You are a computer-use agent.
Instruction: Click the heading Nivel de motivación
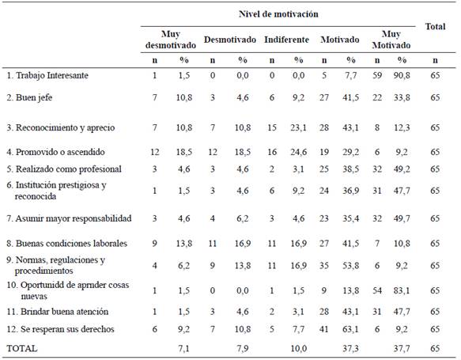tap(278, 14)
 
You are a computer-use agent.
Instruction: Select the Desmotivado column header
tap(230, 40)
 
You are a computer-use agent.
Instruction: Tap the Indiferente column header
tap(287, 40)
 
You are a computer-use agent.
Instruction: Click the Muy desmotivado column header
tap(171, 40)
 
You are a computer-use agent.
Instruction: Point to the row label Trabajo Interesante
tap(47, 75)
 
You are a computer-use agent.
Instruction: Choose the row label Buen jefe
tap(29, 97)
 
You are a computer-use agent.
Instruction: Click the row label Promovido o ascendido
tap(55, 152)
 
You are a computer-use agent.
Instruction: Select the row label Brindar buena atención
tap(58, 312)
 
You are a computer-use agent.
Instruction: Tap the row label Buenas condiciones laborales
tap(66, 244)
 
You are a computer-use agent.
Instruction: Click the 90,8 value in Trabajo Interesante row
tap(402, 76)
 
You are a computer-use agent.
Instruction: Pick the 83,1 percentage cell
tap(402, 291)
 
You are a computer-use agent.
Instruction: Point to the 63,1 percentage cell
tap(350, 329)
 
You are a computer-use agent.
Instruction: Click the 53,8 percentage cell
tap(350, 266)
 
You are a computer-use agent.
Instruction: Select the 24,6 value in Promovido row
tap(298, 152)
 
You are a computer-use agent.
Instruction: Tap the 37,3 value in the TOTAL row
tap(350, 349)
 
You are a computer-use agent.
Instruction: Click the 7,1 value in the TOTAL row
tap(183, 349)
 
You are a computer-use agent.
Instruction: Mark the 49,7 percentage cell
tap(402, 218)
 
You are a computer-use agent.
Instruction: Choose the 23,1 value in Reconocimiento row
tap(298, 127)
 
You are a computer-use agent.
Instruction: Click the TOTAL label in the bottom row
tap(22, 349)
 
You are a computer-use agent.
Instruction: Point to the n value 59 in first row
tap(377, 76)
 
